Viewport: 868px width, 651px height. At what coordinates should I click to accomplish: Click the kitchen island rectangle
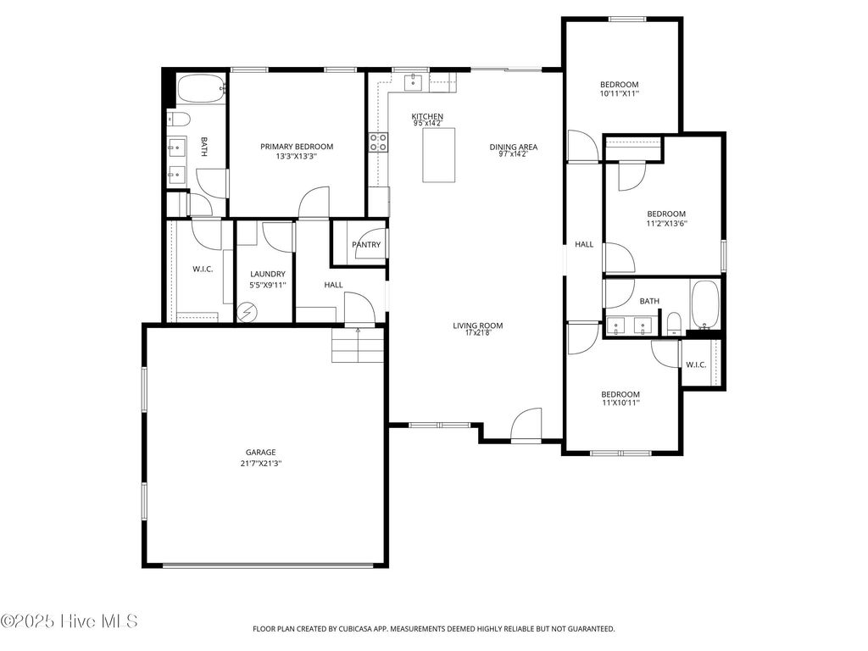coord(439,154)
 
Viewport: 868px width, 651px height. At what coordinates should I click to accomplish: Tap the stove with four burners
coord(378,142)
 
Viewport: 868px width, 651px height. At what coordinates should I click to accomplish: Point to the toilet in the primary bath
coord(179,119)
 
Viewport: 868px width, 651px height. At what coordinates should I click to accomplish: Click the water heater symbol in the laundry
coord(247,311)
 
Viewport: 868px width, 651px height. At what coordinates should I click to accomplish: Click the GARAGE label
coord(261,453)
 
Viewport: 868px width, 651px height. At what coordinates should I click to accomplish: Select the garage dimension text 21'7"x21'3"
coord(261,464)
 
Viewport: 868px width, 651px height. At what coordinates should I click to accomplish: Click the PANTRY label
coord(366,245)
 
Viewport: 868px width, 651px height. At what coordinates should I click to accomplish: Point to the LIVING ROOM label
coord(478,325)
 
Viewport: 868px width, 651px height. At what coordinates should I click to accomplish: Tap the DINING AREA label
coord(513,147)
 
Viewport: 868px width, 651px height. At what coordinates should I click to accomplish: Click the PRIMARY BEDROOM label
coord(297,147)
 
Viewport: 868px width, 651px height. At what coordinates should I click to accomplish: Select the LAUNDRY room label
coord(268,274)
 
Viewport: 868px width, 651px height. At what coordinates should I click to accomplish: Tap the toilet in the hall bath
coord(673,323)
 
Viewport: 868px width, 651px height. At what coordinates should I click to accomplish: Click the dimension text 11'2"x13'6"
coord(666,224)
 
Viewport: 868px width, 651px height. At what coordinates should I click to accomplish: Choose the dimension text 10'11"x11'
coord(619,94)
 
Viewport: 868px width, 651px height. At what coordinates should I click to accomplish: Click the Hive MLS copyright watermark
coord(70,621)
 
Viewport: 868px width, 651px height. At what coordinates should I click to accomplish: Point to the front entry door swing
coord(526,424)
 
